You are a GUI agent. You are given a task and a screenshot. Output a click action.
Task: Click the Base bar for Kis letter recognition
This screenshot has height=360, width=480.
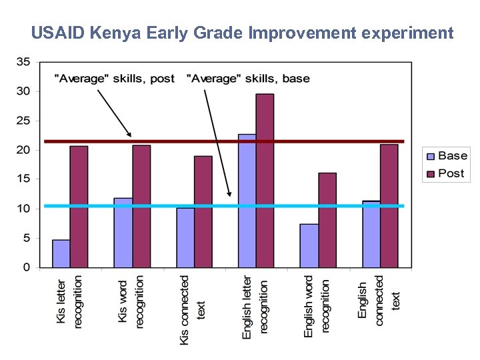[61, 254]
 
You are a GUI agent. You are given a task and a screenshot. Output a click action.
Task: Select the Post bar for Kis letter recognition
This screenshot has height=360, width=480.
[79, 207]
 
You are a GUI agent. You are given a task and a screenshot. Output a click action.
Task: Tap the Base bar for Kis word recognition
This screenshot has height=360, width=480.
[123, 233]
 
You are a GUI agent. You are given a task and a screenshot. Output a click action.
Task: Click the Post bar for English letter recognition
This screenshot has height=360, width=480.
[265, 181]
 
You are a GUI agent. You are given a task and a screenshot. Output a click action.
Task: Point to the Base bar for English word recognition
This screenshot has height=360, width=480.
[309, 246]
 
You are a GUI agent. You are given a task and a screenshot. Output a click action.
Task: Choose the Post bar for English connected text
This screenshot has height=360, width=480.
[389, 206]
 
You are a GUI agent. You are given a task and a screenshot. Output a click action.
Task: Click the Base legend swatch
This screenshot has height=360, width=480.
[431, 157]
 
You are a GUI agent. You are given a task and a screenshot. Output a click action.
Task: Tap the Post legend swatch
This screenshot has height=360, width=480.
[431, 174]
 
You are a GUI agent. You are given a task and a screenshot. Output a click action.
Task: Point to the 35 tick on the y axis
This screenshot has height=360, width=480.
[23, 62]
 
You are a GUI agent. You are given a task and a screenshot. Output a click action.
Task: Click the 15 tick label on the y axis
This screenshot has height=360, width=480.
[23, 179]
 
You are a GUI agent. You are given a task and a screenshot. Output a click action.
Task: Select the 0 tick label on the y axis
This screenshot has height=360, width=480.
[27, 267]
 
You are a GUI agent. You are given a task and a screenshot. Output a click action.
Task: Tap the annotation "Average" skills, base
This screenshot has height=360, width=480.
[249, 79]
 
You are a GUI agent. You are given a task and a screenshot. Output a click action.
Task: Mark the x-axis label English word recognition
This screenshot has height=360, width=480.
[317, 306]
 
